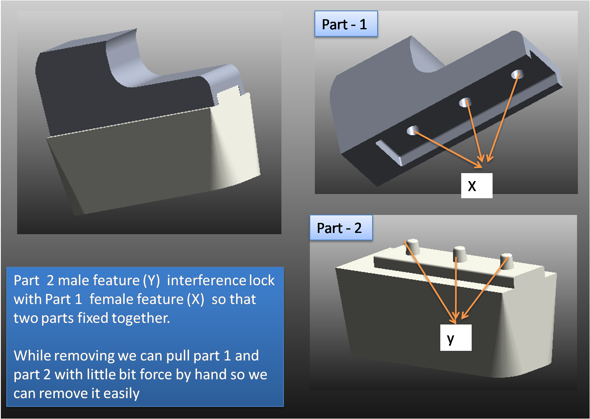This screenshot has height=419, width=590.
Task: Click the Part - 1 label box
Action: coord(346,24)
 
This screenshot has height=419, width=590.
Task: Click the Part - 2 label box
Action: coord(341,228)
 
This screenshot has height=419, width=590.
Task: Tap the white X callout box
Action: coord(476,186)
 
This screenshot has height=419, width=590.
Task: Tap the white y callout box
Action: coord(455,337)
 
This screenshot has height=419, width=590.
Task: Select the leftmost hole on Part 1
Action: coord(413,130)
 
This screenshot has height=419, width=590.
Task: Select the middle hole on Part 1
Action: coord(465,102)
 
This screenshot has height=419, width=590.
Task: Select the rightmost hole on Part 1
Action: coord(517,74)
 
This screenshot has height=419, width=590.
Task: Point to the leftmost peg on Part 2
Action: coord(412,246)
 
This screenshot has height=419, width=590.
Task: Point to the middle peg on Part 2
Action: coord(460,253)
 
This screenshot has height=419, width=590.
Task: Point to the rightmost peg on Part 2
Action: coord(506,260)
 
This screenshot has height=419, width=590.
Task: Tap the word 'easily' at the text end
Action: coord(121,393)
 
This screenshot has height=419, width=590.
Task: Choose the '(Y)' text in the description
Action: coord(151,280)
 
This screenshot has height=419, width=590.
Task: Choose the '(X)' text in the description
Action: coord(195,299)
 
